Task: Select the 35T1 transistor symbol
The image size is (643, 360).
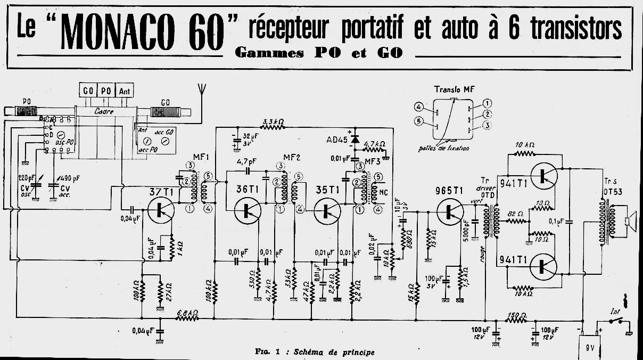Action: coord(327,210)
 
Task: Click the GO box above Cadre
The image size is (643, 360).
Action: coord(88,90)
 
